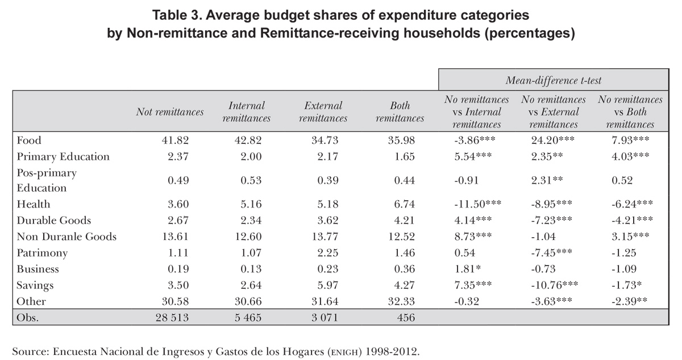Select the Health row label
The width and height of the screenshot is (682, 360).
pos(34,204)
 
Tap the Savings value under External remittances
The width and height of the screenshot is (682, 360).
pos(326,285)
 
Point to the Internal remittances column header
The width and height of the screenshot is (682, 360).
pos(246,112)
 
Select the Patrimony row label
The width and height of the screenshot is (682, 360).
pos(43,253)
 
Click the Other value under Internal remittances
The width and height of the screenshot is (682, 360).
pos(249,301)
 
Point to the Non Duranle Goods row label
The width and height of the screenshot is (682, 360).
pos(66,237)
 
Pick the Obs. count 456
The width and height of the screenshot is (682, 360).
pos(404,318)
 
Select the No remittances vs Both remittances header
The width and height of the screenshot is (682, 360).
pos(630,112)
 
